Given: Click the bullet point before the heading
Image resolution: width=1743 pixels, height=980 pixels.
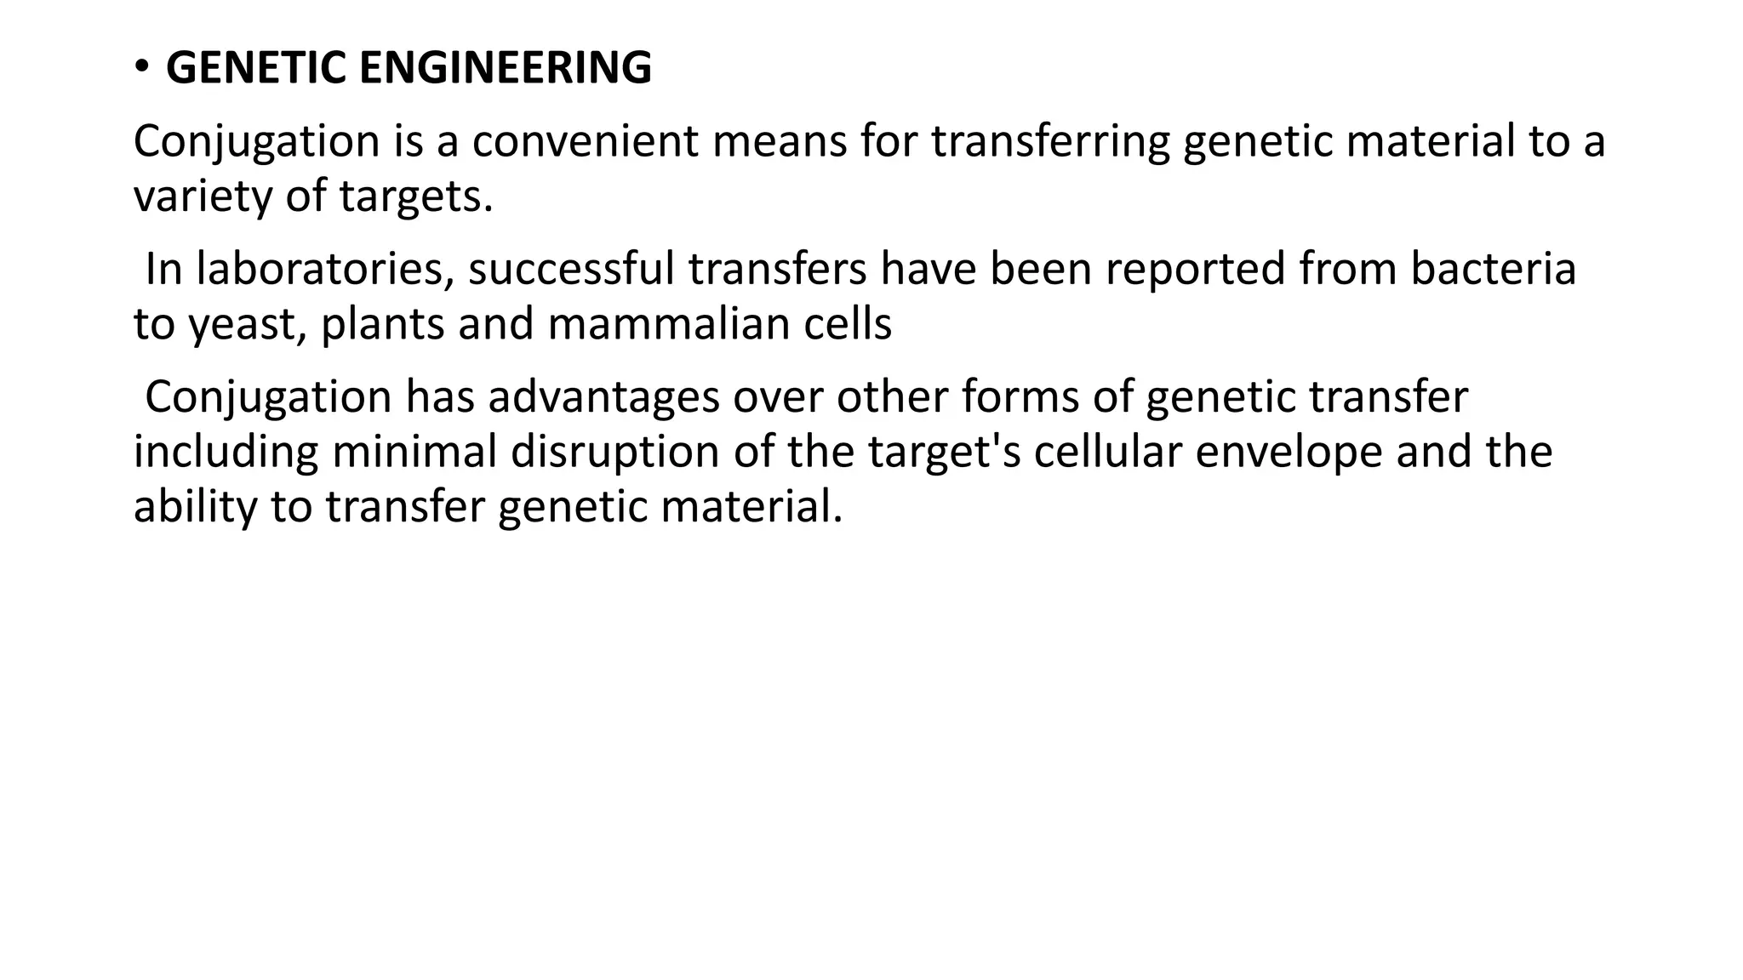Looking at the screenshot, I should (141, 67).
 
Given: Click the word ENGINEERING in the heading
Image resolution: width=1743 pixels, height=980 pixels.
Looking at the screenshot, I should (506, 68).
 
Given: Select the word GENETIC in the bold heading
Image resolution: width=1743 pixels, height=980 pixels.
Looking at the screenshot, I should (256, 68).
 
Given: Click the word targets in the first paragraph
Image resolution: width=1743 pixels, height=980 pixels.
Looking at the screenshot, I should (415, 198).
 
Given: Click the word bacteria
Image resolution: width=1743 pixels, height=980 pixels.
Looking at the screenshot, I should (1493, 269).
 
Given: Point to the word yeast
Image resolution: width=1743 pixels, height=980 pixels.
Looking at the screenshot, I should (247, 325).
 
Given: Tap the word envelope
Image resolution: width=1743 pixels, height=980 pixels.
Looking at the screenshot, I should (1289, 453).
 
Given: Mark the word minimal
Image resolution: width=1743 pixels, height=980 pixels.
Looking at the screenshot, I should (414, 452).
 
